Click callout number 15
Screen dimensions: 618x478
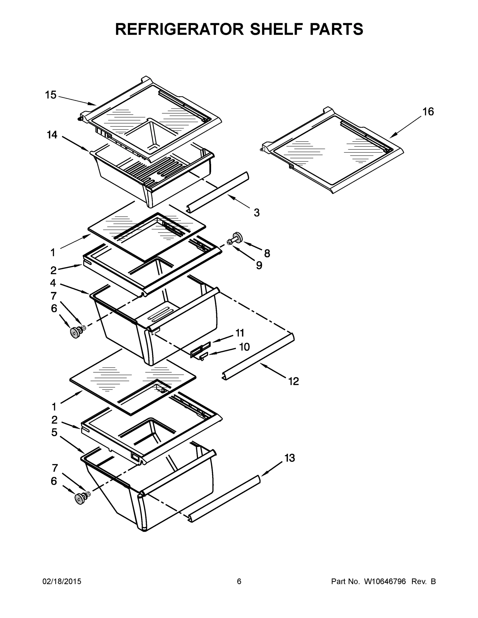click(51, 95)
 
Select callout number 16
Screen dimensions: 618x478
click(428, 112)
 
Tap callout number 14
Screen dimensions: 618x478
click(52, 135)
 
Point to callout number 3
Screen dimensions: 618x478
click(257, 212)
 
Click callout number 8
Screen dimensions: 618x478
click(267, 253)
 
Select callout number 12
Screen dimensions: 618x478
click(294, 381)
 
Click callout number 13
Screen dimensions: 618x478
click(289, 458)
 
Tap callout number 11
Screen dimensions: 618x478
click(240, 333)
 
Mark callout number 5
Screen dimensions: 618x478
click(54, 433)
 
